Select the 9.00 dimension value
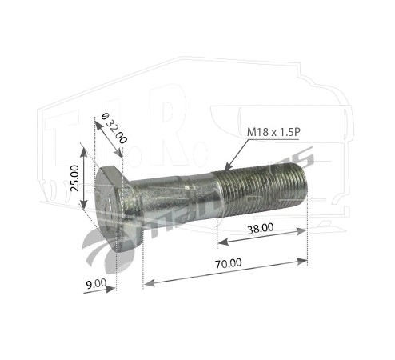95,282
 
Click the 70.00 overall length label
228,262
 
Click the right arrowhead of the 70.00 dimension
304,259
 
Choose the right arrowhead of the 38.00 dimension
304,230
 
